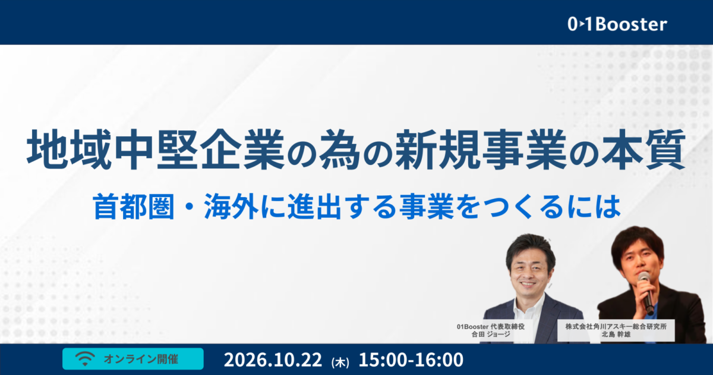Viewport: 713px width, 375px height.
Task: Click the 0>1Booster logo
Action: [617, 24]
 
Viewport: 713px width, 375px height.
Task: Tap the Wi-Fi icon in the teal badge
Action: [85, 359]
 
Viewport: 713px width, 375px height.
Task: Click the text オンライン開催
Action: [141, 360]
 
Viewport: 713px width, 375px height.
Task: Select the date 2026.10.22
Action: [273, 360]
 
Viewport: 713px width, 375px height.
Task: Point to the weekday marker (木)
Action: [340, 362]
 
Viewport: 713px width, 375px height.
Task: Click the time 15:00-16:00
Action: [411, 360]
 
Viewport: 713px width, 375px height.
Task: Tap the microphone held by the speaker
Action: [646, 293]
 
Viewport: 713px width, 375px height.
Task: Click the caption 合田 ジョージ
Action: [491, 335]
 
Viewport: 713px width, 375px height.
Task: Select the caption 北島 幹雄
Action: [616, 335]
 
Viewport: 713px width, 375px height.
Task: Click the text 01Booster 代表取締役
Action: [491, 327]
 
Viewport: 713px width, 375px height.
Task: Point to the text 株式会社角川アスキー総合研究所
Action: [616, 327]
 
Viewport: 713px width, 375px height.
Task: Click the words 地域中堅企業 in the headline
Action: [155, 149]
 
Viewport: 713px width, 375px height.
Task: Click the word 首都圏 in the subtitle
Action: [134, 207]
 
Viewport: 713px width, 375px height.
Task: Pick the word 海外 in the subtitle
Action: [231, 207]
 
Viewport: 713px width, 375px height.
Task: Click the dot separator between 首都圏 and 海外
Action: [190, 207]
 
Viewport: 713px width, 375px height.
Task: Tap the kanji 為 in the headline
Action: [340, 149]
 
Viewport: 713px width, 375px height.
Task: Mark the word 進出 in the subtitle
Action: [315, 207]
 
